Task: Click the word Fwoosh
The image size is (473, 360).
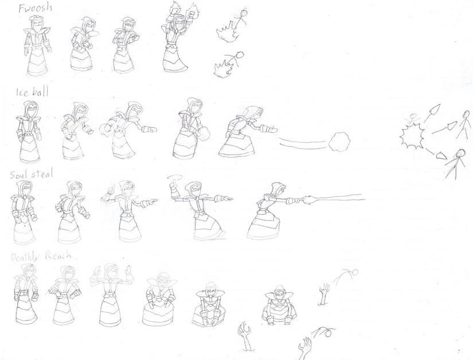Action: (x=35, y=7)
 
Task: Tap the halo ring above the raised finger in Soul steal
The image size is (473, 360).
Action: (x=174, y=177)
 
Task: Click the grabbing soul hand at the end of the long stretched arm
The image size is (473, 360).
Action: (x=308, y=199)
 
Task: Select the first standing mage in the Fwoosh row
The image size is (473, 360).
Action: (x=37, y=45)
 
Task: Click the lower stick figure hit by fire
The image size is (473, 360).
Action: (x=237, y=60)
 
